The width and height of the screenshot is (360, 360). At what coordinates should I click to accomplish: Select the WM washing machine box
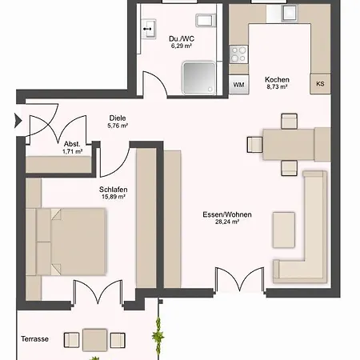click(x=238, y=84)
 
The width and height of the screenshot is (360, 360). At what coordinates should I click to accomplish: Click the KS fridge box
click(x=319, y=84)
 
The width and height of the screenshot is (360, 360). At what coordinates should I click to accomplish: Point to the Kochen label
click(x=277, y=80)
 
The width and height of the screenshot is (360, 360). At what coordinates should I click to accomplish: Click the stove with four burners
click(x=238, y=54)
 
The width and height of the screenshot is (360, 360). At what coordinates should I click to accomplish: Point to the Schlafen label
click(x=112, y=189)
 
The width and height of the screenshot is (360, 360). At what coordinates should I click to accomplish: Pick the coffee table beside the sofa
click(x=283, y=230)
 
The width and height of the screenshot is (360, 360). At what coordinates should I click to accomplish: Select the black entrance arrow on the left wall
click(x=18, y=122)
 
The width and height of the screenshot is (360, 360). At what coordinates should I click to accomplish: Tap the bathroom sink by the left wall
click(x=149, y=30)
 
